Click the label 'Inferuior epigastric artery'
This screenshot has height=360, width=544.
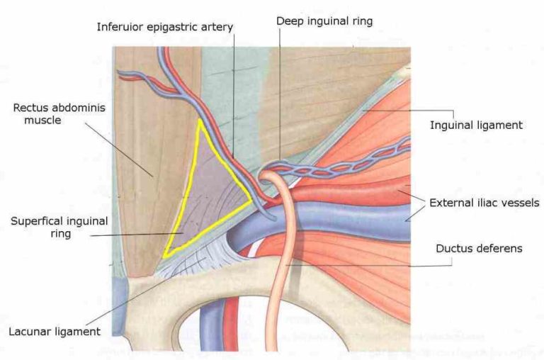click(165, 27)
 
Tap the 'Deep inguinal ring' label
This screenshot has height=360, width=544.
click(324, 21)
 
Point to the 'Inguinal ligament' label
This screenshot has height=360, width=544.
click(476, 125)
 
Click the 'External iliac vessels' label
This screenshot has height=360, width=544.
click(484, 203)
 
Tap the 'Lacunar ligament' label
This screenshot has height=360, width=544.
click(55, 331)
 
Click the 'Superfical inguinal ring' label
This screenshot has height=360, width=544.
click(59, 227)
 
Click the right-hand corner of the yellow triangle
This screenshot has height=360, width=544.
click(252, 201)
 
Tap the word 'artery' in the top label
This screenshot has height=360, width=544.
click(216, 27)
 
